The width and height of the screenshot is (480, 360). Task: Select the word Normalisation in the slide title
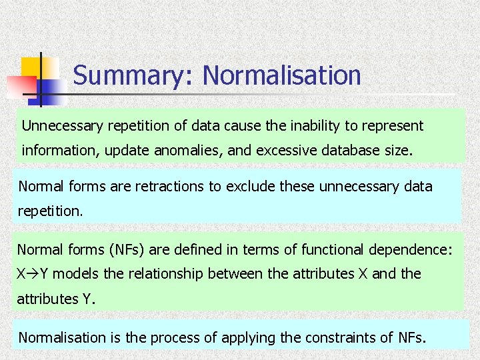click(x=281, y=75)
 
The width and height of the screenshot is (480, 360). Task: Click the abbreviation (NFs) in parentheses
click(x=125, y=249)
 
